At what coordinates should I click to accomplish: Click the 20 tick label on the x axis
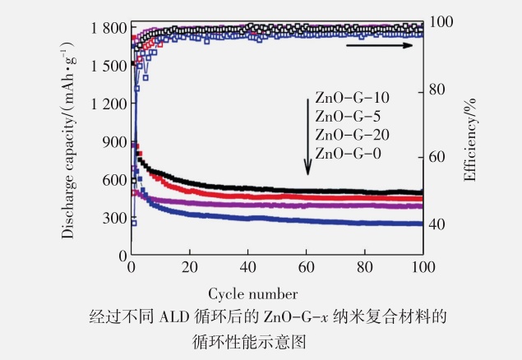(x=189, y=268)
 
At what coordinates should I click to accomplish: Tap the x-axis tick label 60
(x=307, y=268)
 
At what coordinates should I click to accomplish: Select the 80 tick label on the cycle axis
(x=365, y=268)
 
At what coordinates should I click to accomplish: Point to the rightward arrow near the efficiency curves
(x=381, y=45)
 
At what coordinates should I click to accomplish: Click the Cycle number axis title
(x=252, y=293)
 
